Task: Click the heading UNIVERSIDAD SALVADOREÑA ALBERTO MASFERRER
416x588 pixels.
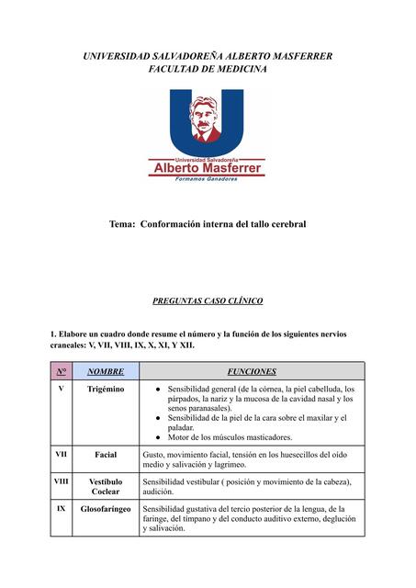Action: click(x=208, y=57)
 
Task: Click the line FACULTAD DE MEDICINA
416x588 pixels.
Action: click(x=208, y=70)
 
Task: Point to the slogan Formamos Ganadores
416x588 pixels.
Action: click(x=207, y=179)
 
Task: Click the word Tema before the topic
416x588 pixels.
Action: click(x=122, y=224)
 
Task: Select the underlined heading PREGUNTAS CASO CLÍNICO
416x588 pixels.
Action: click(x=208, y=300)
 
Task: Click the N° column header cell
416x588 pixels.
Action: click(x=61, y=372)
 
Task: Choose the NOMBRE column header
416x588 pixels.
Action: click(x=106, y=372)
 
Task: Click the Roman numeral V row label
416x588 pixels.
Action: click(x=61, y=389)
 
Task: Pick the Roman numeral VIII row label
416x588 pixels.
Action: click(x=61, y=481)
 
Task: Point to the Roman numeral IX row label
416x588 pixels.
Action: click(x=61, y=507)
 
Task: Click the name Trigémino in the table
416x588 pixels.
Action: click(x=106, y=390)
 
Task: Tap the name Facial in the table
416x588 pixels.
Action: click(x=106, y=455)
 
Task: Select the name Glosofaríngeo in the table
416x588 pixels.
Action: click(x=106, y=508)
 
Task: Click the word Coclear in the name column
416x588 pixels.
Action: click(x=106, y=492)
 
